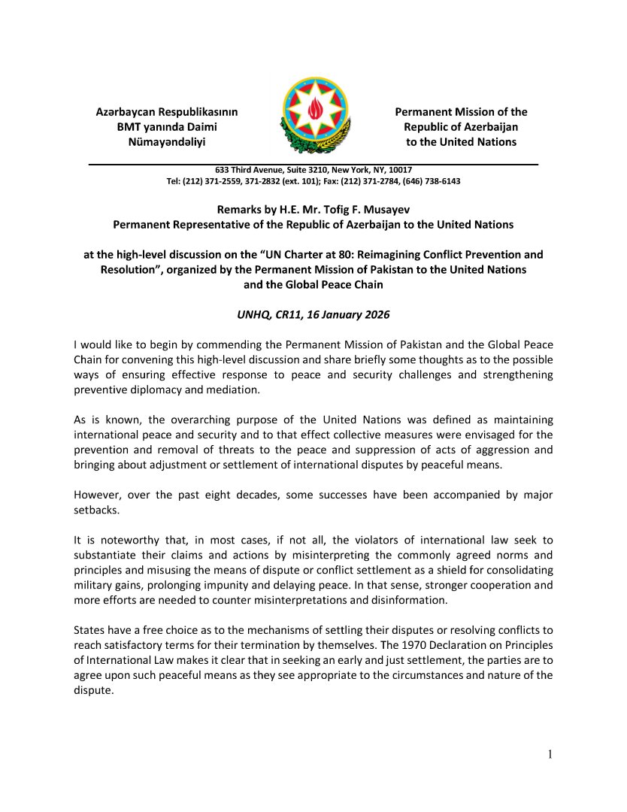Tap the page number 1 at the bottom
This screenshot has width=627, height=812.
(x=550, y=755)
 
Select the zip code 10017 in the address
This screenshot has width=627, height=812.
(x=399, y=170)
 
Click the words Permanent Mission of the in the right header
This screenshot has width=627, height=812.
(x=461, y=112)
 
